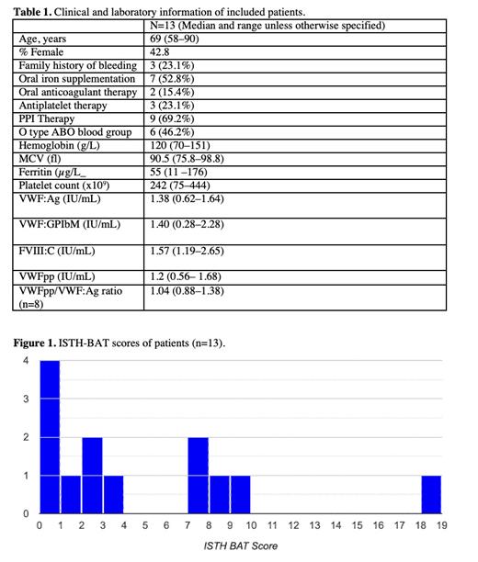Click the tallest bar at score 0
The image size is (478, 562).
pos(50,436)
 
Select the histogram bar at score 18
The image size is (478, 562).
pos(432,494)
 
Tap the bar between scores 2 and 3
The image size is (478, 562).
pos(92,475)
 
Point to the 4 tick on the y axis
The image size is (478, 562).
pos(27,361)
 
